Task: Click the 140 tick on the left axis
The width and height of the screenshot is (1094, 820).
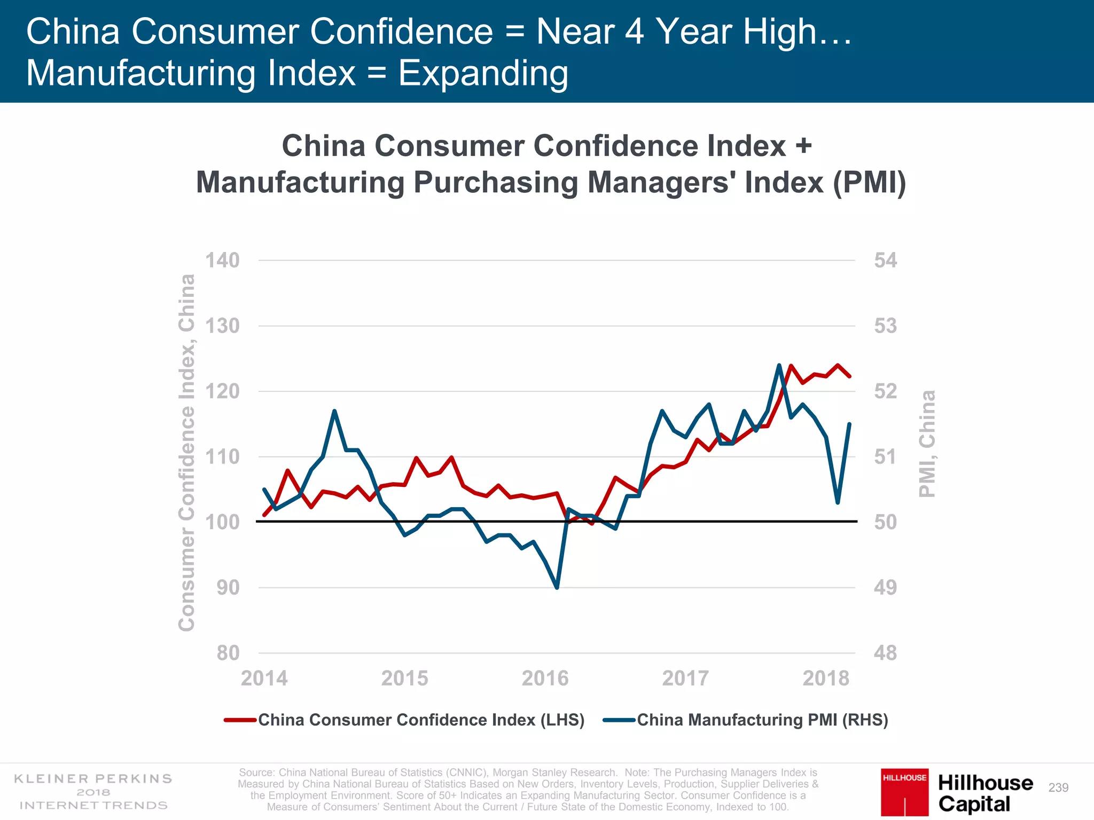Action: click(x=222, y=261)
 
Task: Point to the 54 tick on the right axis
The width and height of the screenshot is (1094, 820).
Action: click(x=885, y=261)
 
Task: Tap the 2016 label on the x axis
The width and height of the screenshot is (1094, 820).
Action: click(x=545, y=679)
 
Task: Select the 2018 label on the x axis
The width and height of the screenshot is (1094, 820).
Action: click(x=826, y=679)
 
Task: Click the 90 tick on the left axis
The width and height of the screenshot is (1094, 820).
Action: click(x=228, y=588)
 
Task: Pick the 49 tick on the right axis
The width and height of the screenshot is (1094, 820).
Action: click(x=885, y=588)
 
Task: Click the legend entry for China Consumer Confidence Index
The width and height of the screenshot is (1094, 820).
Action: click(x=421, y=720)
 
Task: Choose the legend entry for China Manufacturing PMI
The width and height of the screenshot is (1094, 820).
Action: click(x=762, y=720)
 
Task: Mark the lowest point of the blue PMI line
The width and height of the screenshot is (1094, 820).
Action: click(x=557, y=588)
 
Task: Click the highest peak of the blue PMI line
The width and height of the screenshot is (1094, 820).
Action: click(x=779, y=365)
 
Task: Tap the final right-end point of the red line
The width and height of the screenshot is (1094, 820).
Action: click(x=849, y=376)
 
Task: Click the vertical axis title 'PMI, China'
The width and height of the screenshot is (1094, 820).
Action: click(x=927, y=444)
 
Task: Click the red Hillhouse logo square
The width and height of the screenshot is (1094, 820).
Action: click(x=904, y=792)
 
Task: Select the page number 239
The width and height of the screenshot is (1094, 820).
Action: click(x=1058, y=788)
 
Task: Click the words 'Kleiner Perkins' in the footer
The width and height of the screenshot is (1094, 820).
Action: click(x=93, y=779)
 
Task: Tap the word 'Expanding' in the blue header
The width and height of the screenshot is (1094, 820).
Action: click(x=483, y=73)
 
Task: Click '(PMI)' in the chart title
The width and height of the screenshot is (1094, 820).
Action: click(x=869, y=183)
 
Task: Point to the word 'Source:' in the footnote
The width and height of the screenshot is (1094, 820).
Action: click(x=256, y=772)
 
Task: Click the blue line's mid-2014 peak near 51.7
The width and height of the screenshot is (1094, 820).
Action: click(x=334, y=411)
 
